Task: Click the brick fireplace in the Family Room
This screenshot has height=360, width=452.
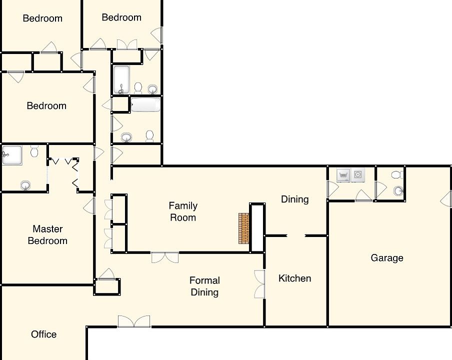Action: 243,228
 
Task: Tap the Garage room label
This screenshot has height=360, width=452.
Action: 386,258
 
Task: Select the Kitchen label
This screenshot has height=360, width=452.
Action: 294,278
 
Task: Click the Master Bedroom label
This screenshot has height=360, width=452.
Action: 47,234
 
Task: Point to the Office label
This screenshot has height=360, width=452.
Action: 43,334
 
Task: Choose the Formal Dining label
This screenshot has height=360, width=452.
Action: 204,286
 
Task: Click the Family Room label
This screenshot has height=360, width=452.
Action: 182,211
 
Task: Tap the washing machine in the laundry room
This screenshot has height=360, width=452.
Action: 343,175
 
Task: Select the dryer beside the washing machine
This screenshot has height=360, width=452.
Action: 358,175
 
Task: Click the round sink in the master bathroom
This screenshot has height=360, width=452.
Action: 25,185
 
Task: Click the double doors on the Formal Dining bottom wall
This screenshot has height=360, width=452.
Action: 134,321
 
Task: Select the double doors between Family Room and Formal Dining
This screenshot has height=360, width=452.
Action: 165,257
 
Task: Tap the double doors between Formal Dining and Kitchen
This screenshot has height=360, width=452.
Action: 259,284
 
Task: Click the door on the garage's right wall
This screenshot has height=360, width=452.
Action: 445,199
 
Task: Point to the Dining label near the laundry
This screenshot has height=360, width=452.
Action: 294,199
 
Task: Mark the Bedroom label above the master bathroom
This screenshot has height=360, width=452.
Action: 46,106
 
